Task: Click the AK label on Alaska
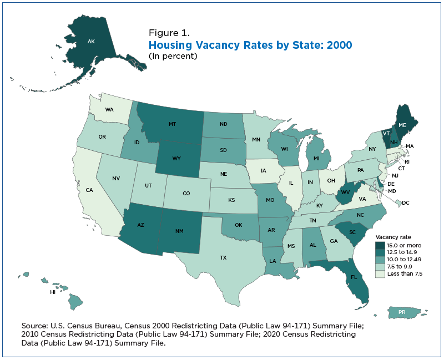click(x=91, y=42)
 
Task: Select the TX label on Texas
click(x=224, y=258)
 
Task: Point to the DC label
click(x=406, y=203)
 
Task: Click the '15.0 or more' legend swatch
click(x=380, y=245)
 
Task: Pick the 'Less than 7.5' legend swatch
click(x=380, y=273)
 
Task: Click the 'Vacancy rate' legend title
click(x=393, y=237)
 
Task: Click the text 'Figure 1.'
click(x=169, y=33)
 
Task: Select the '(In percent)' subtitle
click(x=173, y=56)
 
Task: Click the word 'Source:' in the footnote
click(x=34, y=326)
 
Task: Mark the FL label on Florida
click(x=354, y=277)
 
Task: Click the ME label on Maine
click(x=402, y=125)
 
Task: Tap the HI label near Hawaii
click(x=53, y=292)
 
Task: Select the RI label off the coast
click(x=407, y=162)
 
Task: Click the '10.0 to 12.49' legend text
click(x=405, y=259)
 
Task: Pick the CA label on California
click(x=89, y=190)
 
